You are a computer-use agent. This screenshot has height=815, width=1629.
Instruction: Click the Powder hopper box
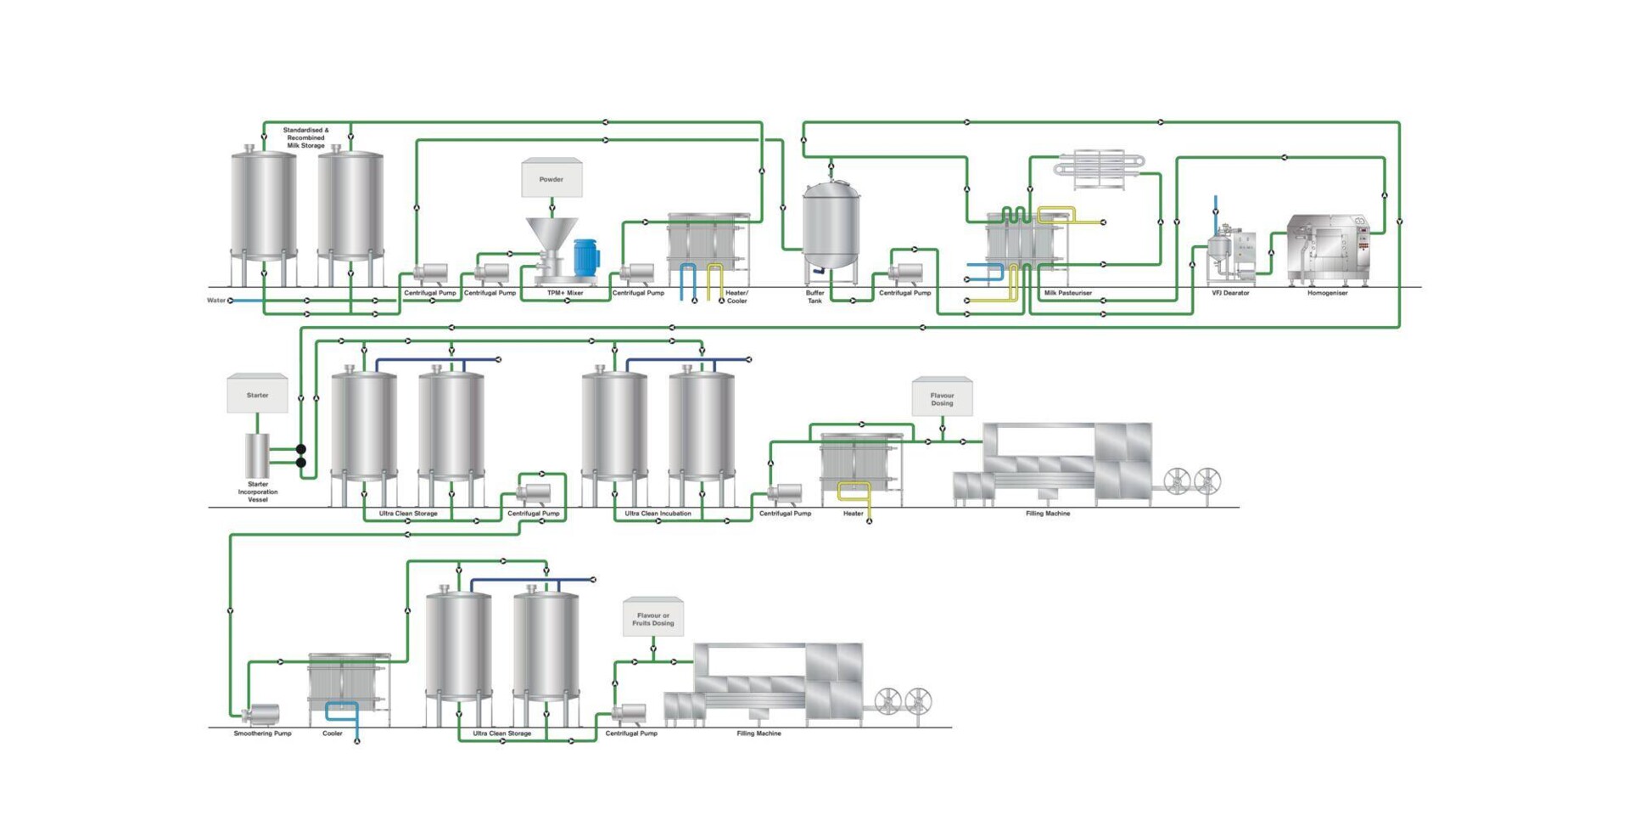click(x=551, y=178)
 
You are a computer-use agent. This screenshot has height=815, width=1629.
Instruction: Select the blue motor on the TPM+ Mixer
click(x=585, y=257)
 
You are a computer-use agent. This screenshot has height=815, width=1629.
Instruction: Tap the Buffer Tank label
click(x=814, y=296)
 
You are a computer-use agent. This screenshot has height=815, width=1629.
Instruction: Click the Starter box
click(x=257, y=395)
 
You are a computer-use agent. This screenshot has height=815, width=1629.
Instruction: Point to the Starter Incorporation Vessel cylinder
click(x=257, y=456)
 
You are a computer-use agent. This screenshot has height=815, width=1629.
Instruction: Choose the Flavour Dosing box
click(x=942, y=398)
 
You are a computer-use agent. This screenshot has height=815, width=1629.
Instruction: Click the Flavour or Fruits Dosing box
click(x=652, y=618)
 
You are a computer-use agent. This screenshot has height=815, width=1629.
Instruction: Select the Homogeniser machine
click(x=1328, y=250)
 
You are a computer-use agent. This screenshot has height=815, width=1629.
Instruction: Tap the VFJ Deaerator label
click(x=1230, y=293)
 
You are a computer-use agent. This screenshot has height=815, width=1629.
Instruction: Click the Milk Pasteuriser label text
click(x=1068, y=293)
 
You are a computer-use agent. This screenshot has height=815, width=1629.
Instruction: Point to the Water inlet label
click(x=216, y=300)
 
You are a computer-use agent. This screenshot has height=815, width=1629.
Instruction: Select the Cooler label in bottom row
click(x=333, y=733)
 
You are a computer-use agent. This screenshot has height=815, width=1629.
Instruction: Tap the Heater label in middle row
click(x=853, y=514)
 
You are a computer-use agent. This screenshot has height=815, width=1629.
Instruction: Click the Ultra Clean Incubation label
click(x=658, y=514)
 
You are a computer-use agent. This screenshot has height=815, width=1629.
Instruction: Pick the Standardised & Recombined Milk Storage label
click(x=305, y=138)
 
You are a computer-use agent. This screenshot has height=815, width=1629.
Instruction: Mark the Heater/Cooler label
click(x=736, y=296)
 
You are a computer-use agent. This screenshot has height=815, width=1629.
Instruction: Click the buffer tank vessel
click(x=831, y=225)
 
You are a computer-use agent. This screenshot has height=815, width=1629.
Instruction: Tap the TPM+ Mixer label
click(x=565, y=293)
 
